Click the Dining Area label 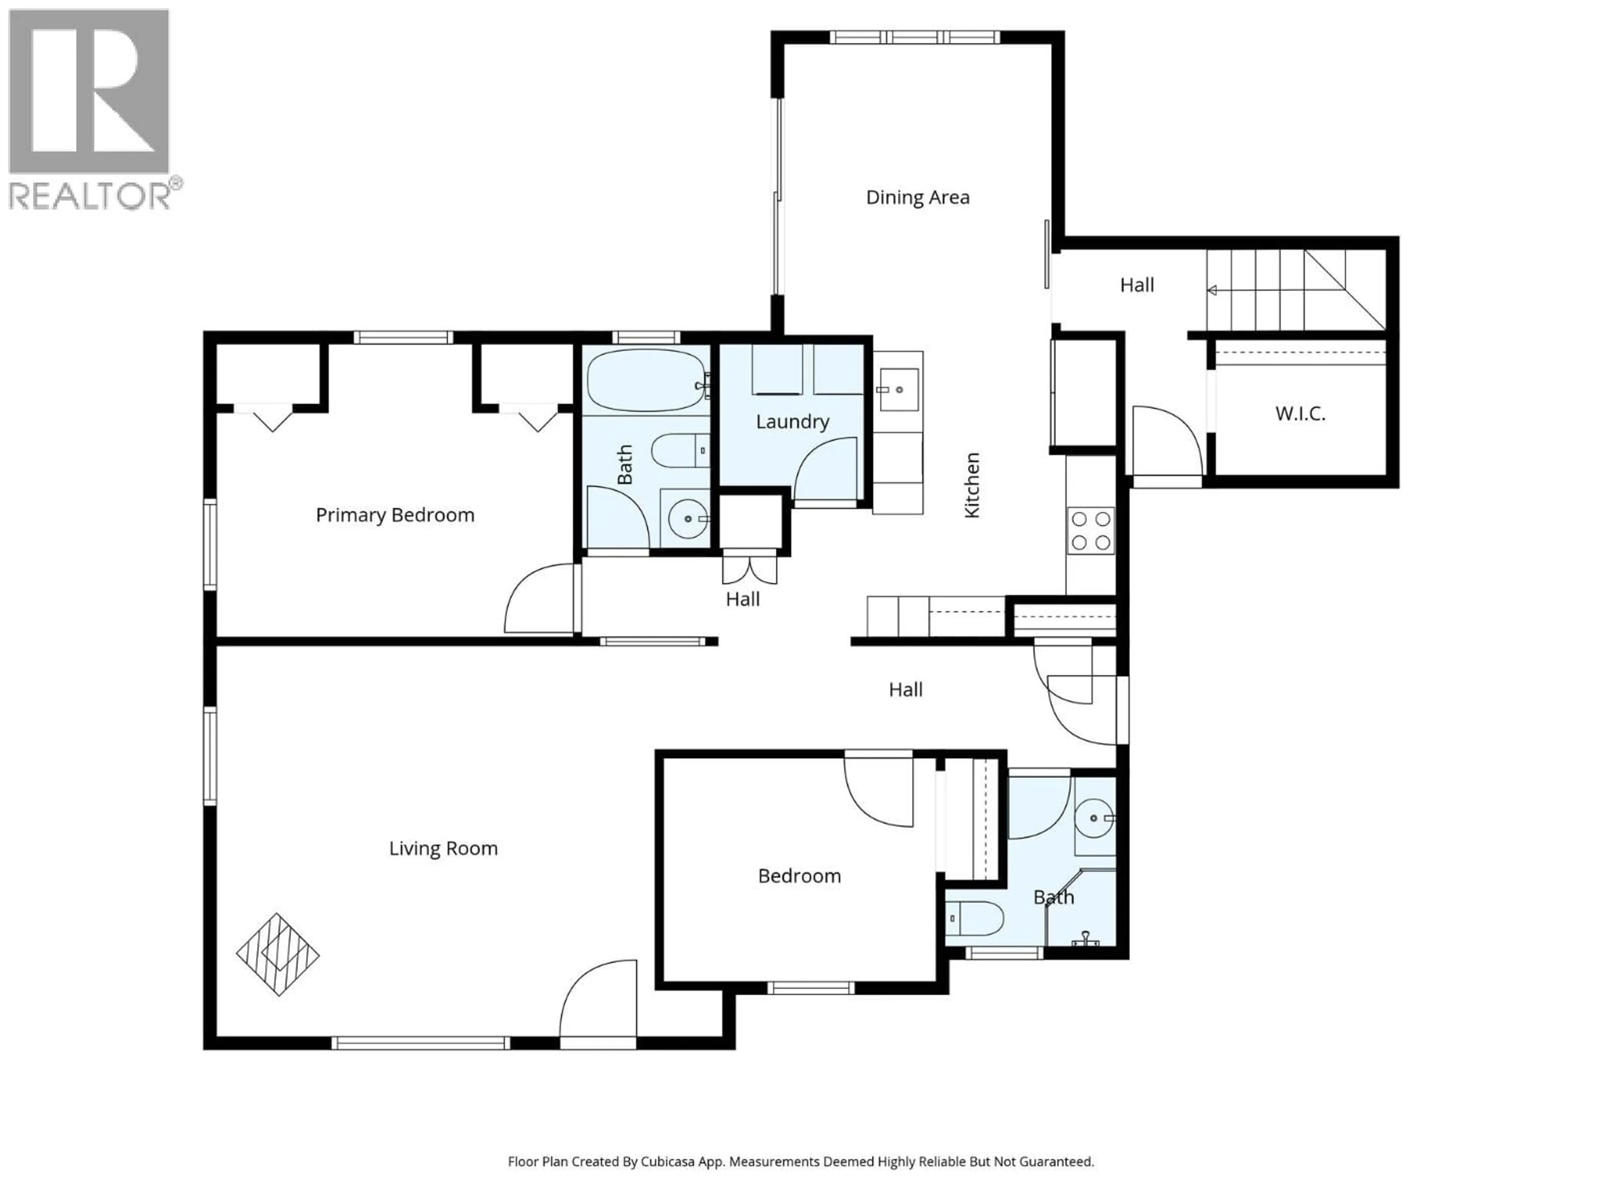click(x=917, y=197)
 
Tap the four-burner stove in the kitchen click(x=1091, y=531)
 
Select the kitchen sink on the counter click(x=899, y=390)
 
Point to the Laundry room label click(x=792, y=422)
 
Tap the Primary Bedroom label click(x=395, y=515)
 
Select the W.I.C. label click(x=1300, y=414)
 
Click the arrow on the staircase click(x=1212, y=290)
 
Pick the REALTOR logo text click(x=90, y=196)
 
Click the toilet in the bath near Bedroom click(x=974, y=919)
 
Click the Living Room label click(x=443, y=848)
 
